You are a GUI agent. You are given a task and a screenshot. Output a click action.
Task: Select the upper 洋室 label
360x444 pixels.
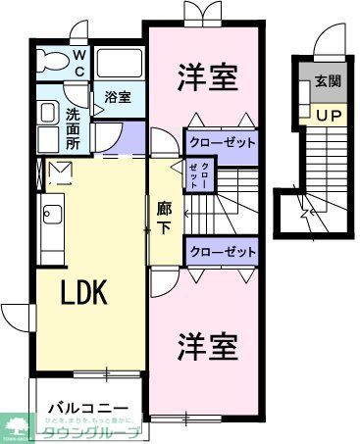[207, 78]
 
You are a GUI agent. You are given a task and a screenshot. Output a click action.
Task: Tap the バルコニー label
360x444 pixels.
[88, 405]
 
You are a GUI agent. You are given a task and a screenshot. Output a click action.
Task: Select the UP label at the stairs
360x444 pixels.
[328, 115]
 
